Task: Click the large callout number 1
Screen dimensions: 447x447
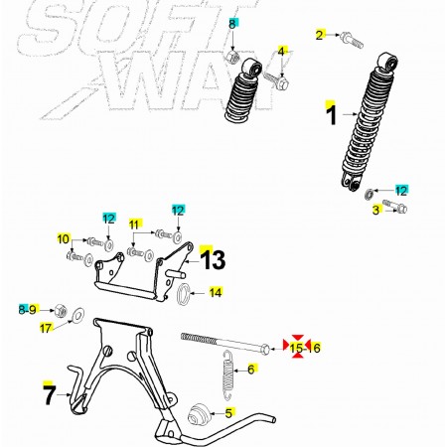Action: pyautogui.click(x=331, y=114)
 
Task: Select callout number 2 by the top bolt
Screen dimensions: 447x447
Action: pyautogui.click(x=319, y=35)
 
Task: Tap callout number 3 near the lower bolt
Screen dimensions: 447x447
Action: pyautogui.click(x=375, y=210)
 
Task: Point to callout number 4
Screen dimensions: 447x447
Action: pyautogui.click(x=281, y=52)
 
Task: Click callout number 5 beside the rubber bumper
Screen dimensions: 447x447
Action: pyautogui.click(x=228, y=413)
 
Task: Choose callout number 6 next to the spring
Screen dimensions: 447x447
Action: pyautogui.click(x=251, y=369)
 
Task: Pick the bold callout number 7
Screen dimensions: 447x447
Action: pyautogui.click(x=49, y=395)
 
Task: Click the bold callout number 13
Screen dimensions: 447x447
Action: pyautogui.click(x=214, y=259)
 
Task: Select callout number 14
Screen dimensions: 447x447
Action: pyautogui.click(x=216, y=292)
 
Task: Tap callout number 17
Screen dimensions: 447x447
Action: pyautogui.click(x=46, y=328)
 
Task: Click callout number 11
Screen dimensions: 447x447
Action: pyautogui.click(x=134, y=224)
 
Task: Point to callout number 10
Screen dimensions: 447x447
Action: pyautogui.click(x=64, y=239)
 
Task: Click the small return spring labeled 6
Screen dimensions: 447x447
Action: pyautogui.click(x=228, y=370)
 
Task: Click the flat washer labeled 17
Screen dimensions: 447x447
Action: pyautogui.click(x=77, y=315)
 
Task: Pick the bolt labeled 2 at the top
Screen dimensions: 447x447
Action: pyautogui.click(x=352, y=40)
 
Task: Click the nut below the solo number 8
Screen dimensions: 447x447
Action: pyautogui.click(x=232, y=57)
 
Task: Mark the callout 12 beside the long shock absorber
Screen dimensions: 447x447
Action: pyautogui.click(x=401, y=191)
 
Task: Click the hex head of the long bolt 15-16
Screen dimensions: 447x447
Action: pyautogui.click(x=265, y=349)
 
